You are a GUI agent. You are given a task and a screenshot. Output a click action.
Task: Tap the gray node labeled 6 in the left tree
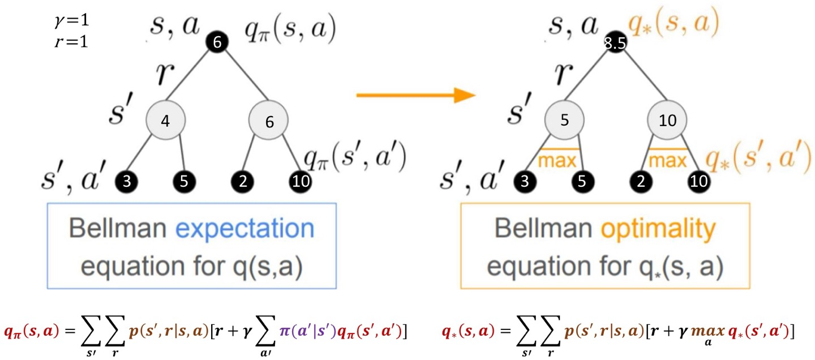coord(268,121)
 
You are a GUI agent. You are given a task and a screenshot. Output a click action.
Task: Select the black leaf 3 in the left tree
coord(127,182)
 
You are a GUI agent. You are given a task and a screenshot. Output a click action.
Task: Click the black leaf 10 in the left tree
coord(299,182)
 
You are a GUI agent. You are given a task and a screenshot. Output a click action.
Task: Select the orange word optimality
coord(668,229)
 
